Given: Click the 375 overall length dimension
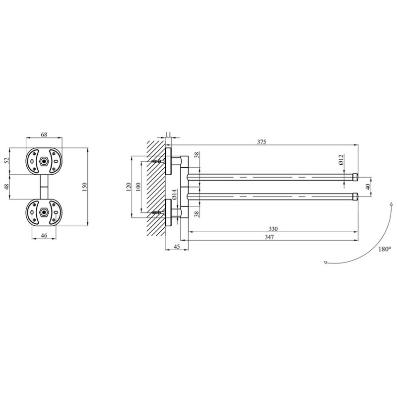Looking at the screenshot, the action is [262, 142].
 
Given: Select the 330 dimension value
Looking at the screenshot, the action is [273, 229].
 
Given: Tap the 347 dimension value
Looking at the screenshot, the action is [269, 237].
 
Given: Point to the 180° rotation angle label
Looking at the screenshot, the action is [385, 249].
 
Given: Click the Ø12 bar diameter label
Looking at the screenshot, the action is [341, 160].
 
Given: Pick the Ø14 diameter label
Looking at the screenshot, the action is [174, 195].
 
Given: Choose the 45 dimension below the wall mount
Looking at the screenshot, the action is [177, 246].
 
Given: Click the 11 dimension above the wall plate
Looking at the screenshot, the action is [168, 134].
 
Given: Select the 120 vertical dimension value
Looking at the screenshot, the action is [129, 187].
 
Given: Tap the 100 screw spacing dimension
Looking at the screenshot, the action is [138, 187].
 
